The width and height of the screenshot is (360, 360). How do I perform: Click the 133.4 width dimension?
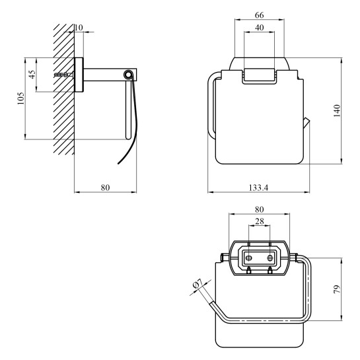[x=258, y=188]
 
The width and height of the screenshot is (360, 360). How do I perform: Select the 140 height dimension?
[x=337, y=111]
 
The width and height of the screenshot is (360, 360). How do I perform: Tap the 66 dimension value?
[x=259, y=15]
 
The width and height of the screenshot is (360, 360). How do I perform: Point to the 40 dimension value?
[x=259, y=28]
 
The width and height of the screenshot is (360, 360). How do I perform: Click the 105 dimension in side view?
[x=20, y=98]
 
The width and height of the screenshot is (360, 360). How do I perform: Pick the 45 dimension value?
[x=32, y=75]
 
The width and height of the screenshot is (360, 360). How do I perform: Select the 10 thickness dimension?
[x=79, y=28]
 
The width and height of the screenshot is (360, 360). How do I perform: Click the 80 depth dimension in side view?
[x=106, y=188]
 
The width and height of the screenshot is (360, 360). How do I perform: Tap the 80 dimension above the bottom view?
[x=259, y=209]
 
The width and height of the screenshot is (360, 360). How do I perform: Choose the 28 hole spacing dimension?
[x=260, y=221]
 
